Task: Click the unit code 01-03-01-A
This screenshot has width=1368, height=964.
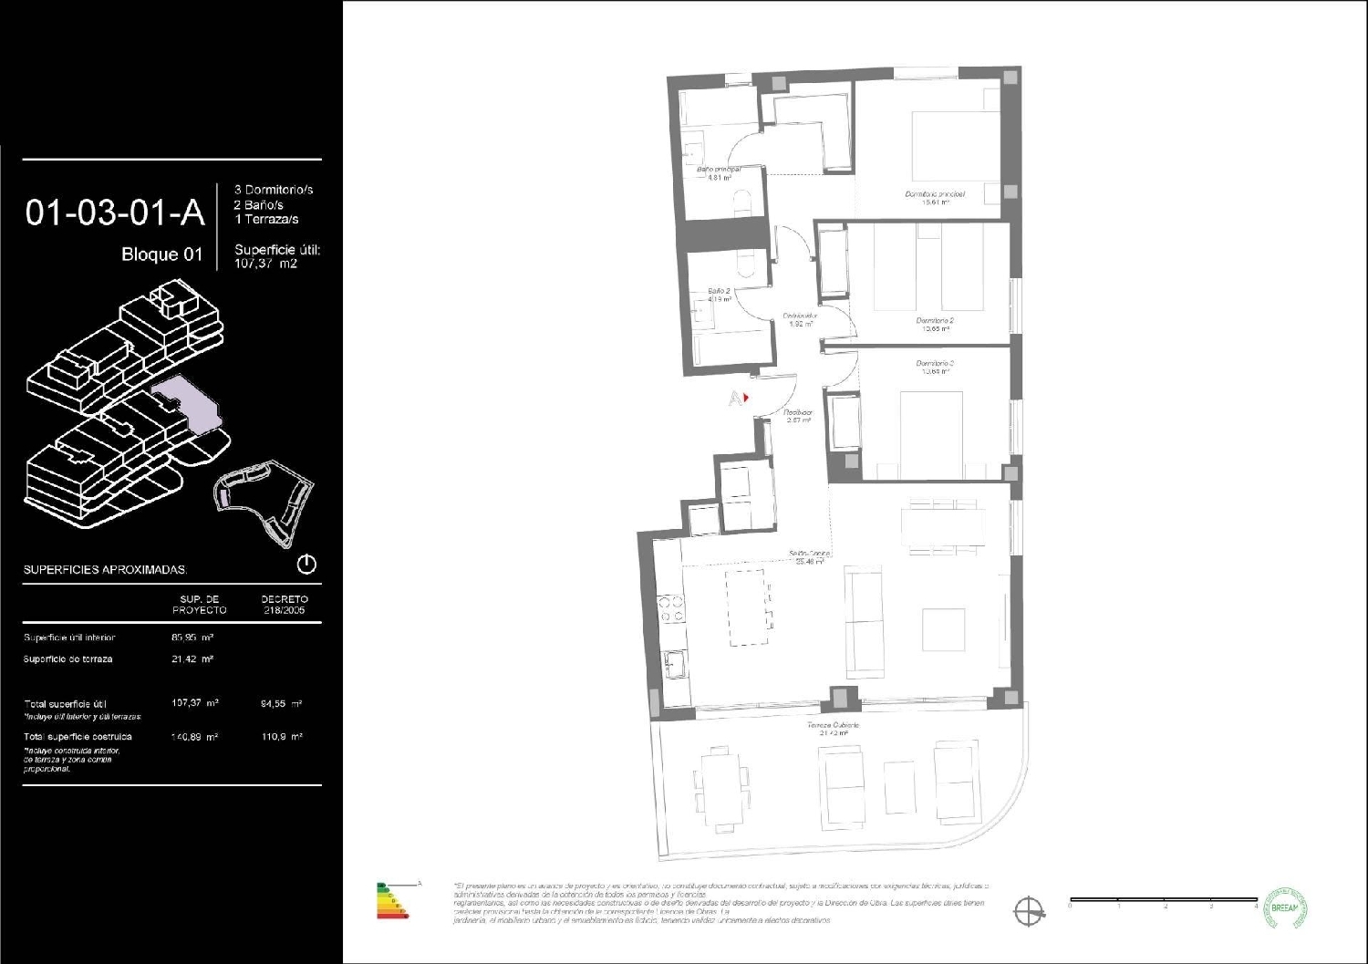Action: [x=115, y=212]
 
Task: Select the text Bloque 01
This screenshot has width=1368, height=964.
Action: [x=161, y=254]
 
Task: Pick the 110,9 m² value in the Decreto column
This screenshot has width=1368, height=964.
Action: [x=282, y=736]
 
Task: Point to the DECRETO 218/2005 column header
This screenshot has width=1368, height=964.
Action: [x=283, y=605]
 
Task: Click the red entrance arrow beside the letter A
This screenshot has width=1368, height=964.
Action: [x=746, y=398]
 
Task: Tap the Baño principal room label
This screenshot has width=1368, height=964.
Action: [x=718, y=170]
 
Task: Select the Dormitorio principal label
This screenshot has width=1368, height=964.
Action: [x=934, y=194]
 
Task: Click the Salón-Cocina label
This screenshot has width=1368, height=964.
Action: [x=809, y=555]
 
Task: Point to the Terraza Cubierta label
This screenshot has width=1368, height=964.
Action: [x=833, y=726]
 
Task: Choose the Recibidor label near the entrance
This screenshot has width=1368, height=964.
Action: [x=798, y=413]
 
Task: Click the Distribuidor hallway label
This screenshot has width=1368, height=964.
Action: [x=799, y=316]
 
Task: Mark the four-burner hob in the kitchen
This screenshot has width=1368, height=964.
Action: [x=670, y=608]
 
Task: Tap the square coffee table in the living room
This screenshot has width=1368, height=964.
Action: [x=943, y=628]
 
